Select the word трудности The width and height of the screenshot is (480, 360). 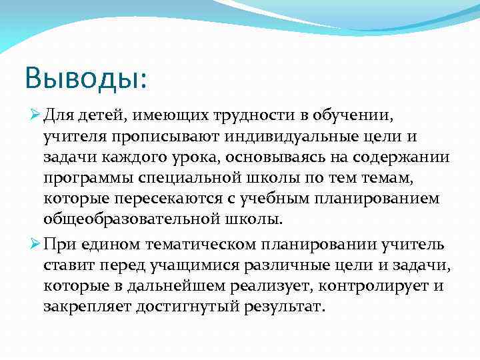[251, 118]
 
